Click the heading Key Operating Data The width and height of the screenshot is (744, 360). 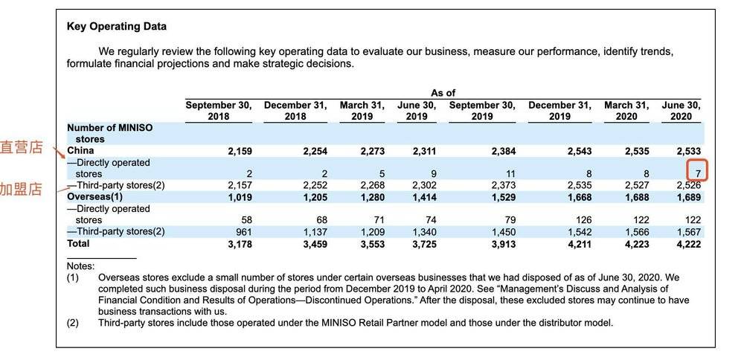(117, 27)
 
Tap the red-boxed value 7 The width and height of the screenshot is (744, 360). (698, 174)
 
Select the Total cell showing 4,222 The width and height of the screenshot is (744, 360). (688, 244)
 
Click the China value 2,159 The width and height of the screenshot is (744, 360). (240, 151)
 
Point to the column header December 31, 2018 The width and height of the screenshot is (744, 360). (295, 111)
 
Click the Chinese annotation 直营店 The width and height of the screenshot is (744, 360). (22, 147)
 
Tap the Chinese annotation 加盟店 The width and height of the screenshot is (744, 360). (22, 189)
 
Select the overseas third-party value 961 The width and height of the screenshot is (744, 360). (244, 232)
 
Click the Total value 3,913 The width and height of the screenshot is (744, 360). (502, 244)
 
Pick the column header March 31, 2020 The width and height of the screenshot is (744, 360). (626, 111)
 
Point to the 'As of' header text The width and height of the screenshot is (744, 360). (443, 93)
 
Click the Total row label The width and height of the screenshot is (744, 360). (78, 243)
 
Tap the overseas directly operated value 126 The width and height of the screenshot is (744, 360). (583, 220)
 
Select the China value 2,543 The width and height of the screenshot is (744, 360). (580, 151)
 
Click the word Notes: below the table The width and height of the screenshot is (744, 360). (80, 266)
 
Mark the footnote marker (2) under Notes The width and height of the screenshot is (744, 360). (73, 323)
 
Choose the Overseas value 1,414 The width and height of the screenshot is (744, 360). (423, 197)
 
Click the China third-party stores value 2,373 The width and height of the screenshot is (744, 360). (503, 185)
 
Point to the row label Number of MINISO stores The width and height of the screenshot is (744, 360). (109, 133)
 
